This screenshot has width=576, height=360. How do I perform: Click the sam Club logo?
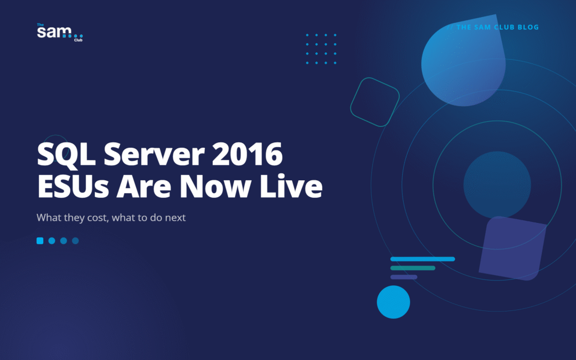click(x=60, y=33)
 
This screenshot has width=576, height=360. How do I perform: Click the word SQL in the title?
click(x=67, y=155)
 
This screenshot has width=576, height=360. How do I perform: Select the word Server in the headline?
click(x=154, y=154)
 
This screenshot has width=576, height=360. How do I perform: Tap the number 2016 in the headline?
click(x=247, y=154)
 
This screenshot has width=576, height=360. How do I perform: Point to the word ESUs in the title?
click(x=73, y=187)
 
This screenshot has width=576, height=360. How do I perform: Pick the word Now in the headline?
click(x=215, y=187)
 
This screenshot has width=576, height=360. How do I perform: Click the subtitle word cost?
click(x=98, y=218)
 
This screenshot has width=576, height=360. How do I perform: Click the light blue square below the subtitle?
click(x=40, y=241)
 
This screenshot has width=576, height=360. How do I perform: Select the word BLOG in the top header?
click(x=528, y=27)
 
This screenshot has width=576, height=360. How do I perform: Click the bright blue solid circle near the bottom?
click(x=394, y=302)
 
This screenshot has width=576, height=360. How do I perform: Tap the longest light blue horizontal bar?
click(x=422, y=259)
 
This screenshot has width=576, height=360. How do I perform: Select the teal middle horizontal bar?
click(x=412, y=268)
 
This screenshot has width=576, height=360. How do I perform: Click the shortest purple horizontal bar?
click(x=404, y=277)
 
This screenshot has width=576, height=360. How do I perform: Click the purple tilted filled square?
click(x=513, y=249)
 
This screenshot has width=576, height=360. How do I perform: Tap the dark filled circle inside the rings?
click(x=497, y=185)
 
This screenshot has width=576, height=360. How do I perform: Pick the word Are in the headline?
click(x=143, y=187)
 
